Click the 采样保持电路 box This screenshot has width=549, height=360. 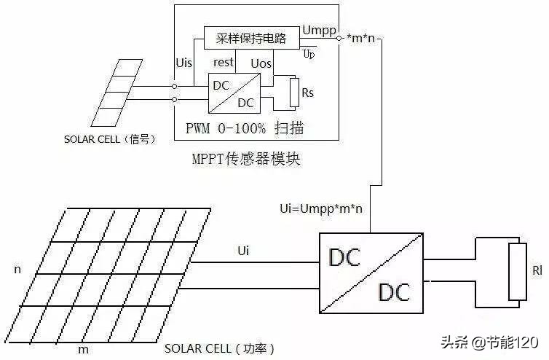tap(251, 38)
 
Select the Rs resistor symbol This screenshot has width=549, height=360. tap(294, 93)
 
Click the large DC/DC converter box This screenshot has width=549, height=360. tap(371, 274)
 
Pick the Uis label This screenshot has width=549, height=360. tap(184, 63)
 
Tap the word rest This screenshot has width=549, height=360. tap(223, 63)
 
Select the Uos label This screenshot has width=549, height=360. tap(261, 63)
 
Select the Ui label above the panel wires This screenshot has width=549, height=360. tap(245, 250)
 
